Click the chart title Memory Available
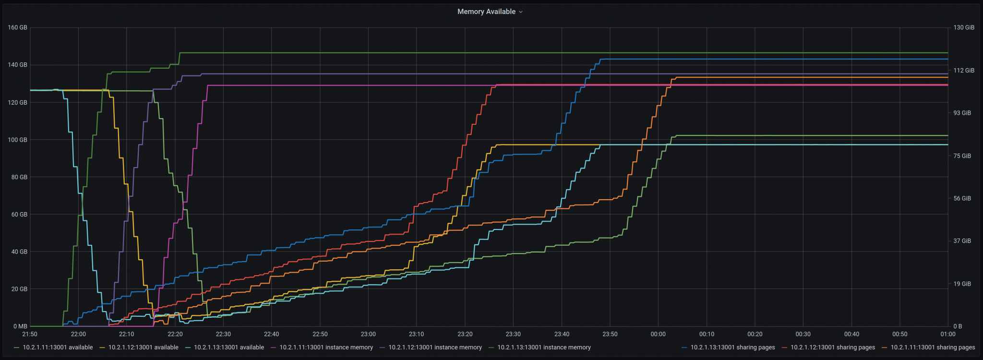(486, 12)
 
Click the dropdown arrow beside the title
(521, 12)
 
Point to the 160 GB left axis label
(18, 27)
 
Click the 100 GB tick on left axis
(18, 140)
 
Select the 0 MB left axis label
(19, 326)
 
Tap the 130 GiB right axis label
(964, 27)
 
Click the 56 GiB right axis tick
(962, 198)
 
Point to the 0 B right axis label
(958, 326)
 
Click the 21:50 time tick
(30, 334)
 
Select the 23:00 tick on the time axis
(368, 334)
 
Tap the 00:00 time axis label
(658, 334)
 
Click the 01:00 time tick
(948, 334)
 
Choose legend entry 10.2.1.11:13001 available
(58, 348)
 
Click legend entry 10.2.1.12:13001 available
(143, 348)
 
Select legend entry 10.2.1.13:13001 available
(228, 348)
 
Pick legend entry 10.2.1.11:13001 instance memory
(326, 348)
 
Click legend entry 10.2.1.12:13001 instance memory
(435, 348)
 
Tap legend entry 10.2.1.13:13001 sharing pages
(732, 348)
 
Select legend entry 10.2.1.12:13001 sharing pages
(832, 348)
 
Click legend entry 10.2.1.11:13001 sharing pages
(933, 348)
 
